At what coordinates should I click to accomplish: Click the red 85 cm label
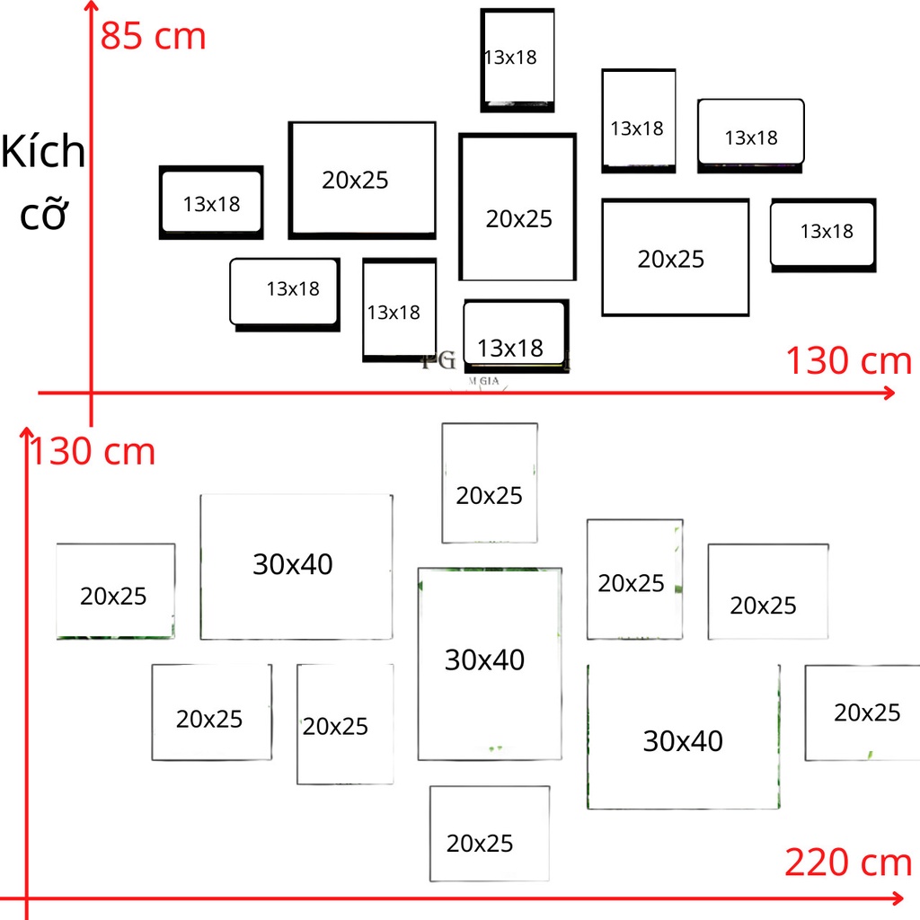(154, 37)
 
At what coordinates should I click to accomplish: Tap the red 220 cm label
(848, 862)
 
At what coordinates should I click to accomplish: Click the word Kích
(43, 153)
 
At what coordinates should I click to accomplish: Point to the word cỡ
(44, 216)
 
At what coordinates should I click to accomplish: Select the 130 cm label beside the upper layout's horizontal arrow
(849, 361)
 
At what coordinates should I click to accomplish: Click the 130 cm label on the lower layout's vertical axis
(93, 451)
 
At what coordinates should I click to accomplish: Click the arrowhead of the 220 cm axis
(897, 898)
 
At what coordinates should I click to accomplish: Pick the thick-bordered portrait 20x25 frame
(517, 208)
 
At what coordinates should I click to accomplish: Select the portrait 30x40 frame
(489, 663)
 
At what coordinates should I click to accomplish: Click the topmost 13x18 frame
(517, 59)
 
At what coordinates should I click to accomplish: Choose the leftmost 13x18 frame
(211, 203)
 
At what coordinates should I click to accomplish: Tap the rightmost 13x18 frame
(823, 234)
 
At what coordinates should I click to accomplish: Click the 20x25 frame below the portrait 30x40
(489, 834)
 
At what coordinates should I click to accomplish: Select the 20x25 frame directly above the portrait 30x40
(489, 482)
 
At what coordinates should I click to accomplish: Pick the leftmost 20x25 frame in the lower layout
(115, 591)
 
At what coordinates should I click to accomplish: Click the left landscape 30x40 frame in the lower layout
(296, 566)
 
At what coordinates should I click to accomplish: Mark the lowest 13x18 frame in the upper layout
(516, 336)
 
